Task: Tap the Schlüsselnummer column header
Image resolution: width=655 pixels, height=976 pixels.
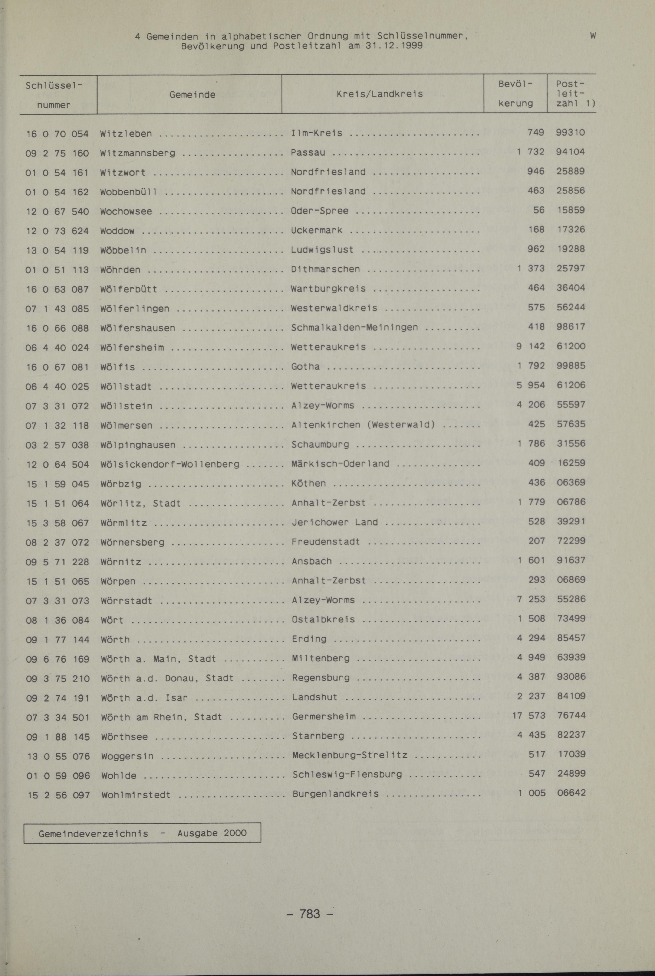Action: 53,95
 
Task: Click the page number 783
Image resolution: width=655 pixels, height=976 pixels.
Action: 310,914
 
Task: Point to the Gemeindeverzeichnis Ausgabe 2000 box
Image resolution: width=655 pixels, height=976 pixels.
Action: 142,832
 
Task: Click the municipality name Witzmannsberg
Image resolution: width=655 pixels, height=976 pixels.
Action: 137,153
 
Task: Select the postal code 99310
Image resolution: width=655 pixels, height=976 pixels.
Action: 570,133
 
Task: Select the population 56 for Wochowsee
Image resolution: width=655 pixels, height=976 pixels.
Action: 539,210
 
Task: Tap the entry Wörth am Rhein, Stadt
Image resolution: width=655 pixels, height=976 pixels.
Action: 161,717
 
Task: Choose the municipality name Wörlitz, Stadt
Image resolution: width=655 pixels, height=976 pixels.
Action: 140,503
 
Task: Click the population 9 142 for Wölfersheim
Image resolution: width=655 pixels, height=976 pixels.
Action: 530,346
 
